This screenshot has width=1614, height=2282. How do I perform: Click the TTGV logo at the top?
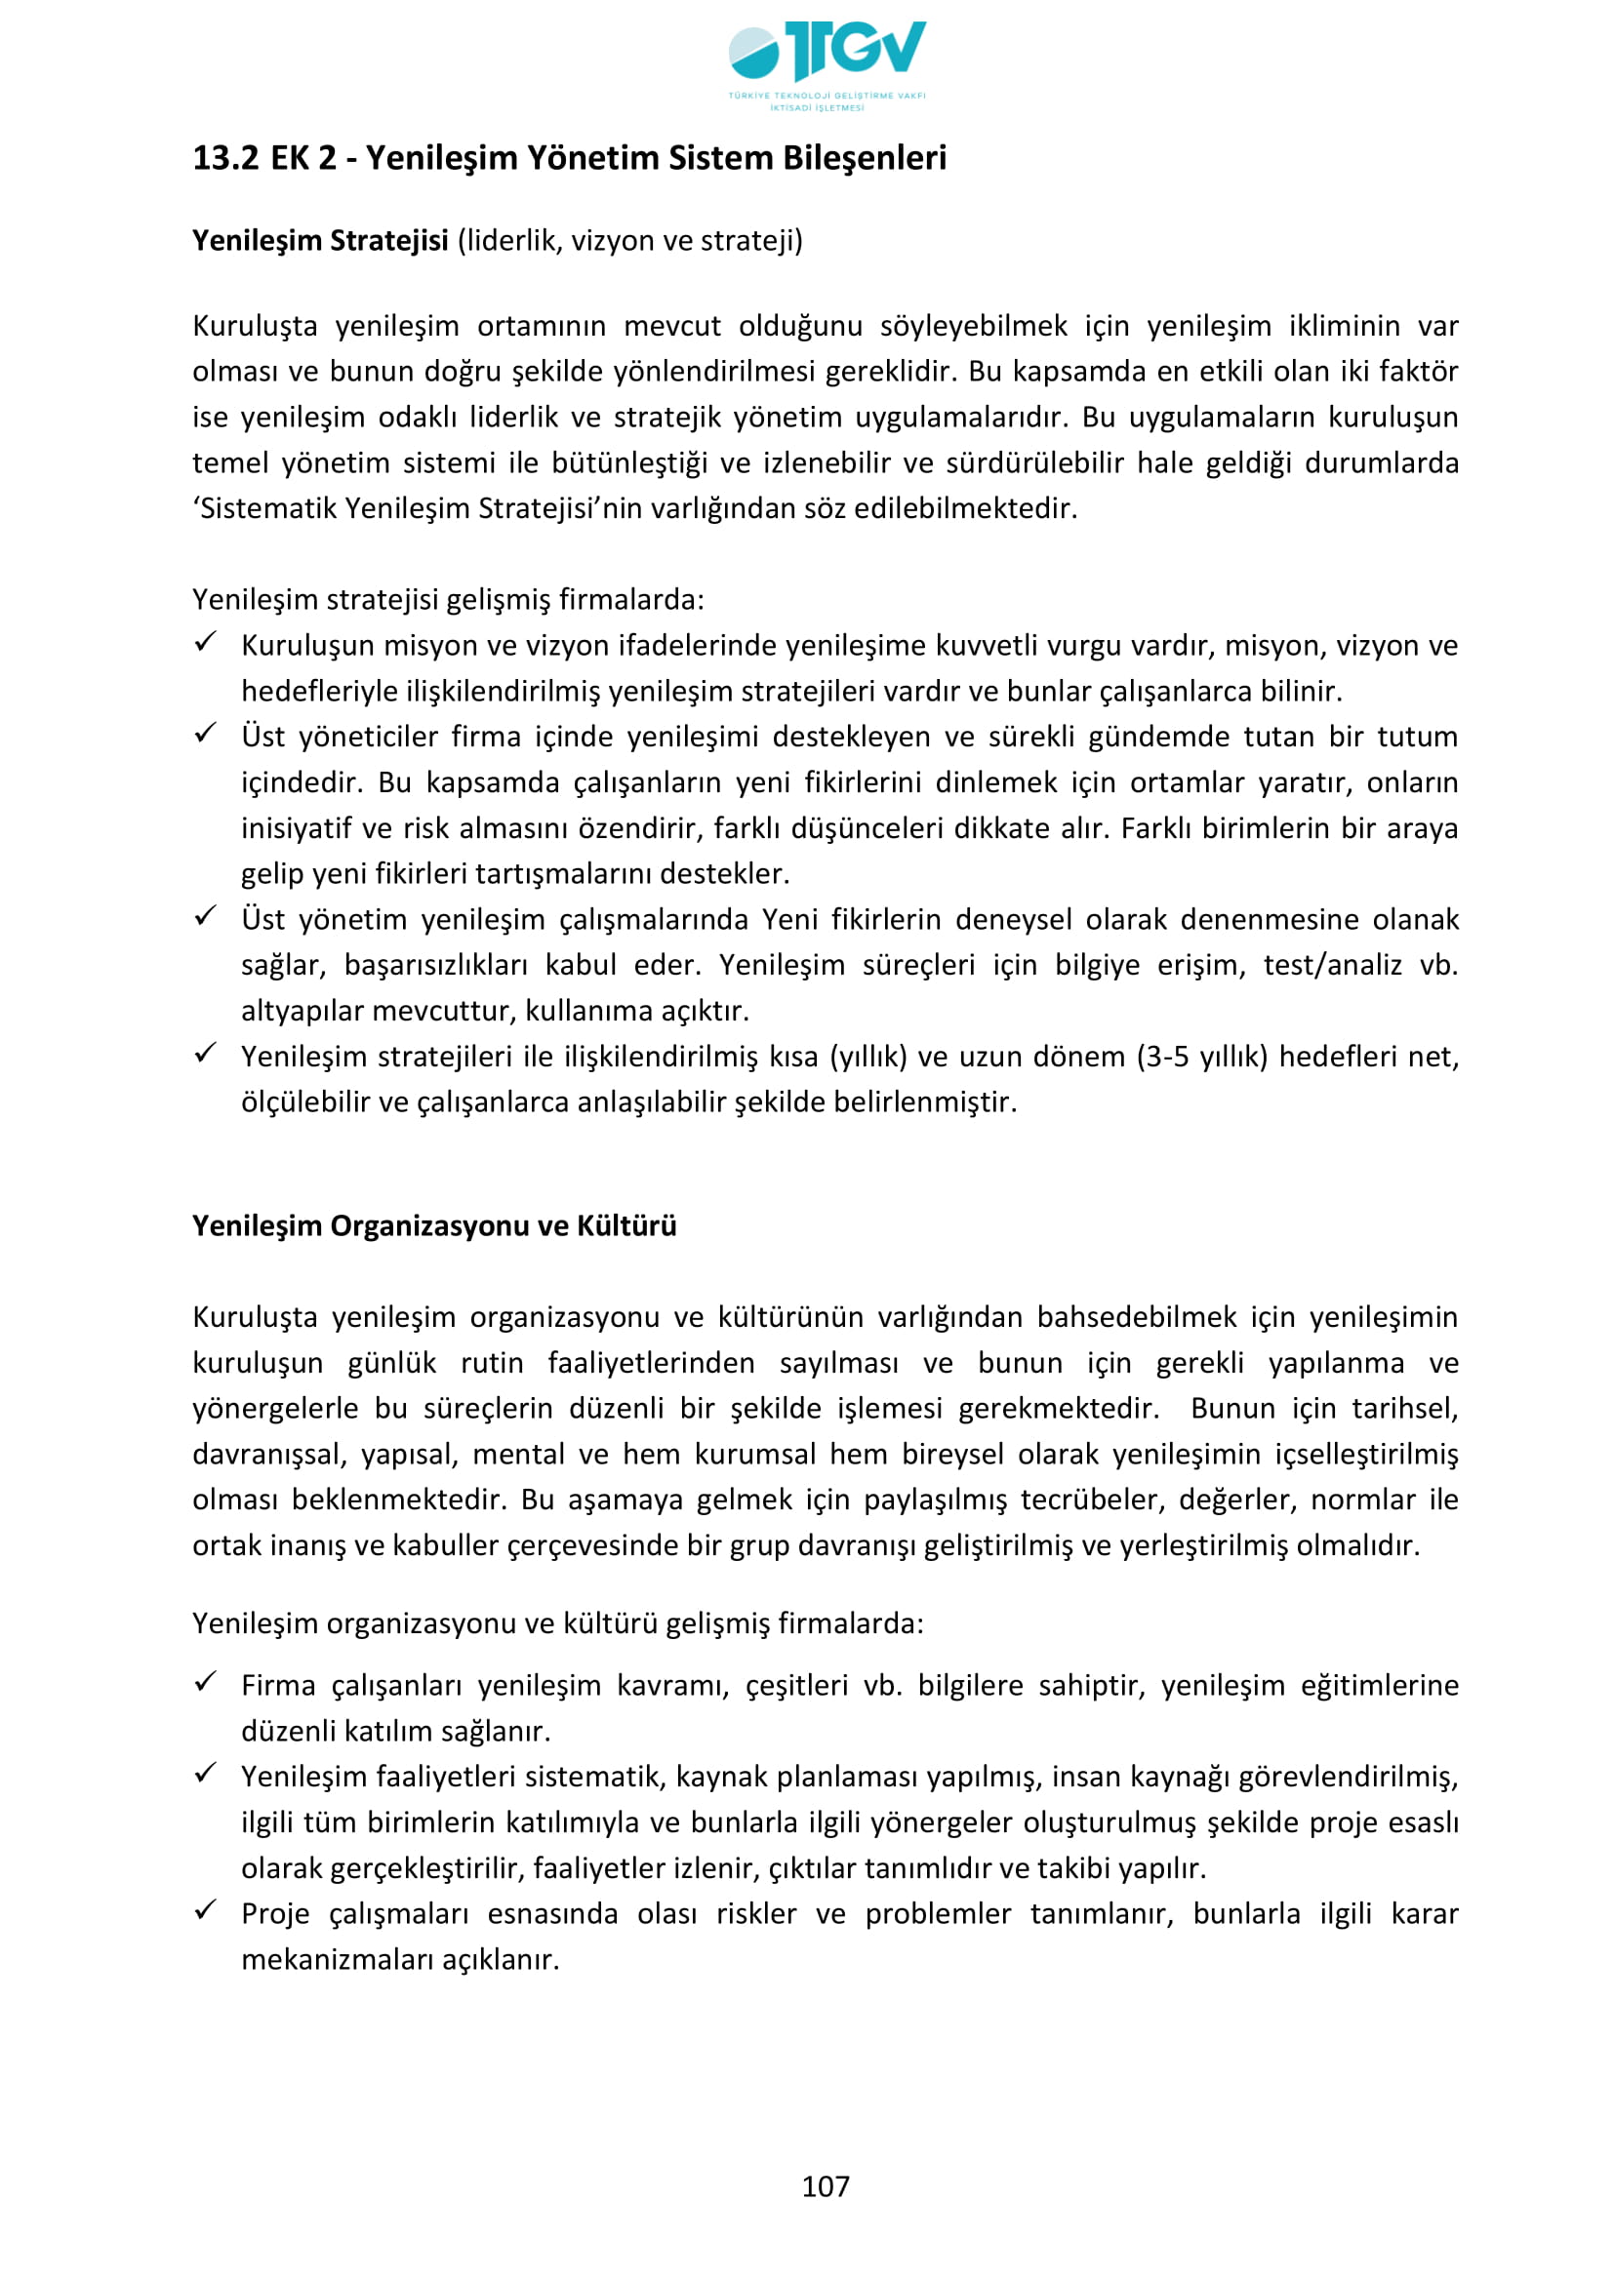(x=826, y=63)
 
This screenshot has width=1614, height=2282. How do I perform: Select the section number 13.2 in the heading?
(x=225, y=158)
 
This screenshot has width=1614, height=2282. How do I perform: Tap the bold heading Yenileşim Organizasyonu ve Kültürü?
(x=434, y=1225)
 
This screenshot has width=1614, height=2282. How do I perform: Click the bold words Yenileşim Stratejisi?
(x=320, y=241)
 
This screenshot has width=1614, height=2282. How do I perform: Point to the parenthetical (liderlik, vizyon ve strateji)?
(x=630, y=241)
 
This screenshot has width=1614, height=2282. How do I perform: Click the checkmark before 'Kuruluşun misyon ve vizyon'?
(x=206, y=643)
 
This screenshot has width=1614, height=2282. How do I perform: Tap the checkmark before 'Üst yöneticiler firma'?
(x=206, y=735)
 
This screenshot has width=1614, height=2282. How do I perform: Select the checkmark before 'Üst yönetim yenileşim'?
(x=206, y=917)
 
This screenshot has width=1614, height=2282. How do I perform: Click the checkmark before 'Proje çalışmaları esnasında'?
(x=206, y=1910)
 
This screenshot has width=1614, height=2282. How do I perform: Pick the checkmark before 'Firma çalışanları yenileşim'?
(x=206, y=1682)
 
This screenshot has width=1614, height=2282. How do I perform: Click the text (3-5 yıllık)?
(x=1202, y=1057)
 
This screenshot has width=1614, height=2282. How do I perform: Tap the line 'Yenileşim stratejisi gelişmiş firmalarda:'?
(x=448, y=600)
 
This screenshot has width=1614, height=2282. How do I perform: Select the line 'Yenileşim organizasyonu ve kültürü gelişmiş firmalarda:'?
(x=557, y=1624)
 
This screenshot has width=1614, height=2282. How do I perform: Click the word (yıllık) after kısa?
(x=868, y=1057)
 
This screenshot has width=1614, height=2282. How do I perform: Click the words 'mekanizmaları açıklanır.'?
(x=400, y=1960)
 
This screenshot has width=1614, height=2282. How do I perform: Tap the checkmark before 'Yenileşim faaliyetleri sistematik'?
(x=206, y=1773)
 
